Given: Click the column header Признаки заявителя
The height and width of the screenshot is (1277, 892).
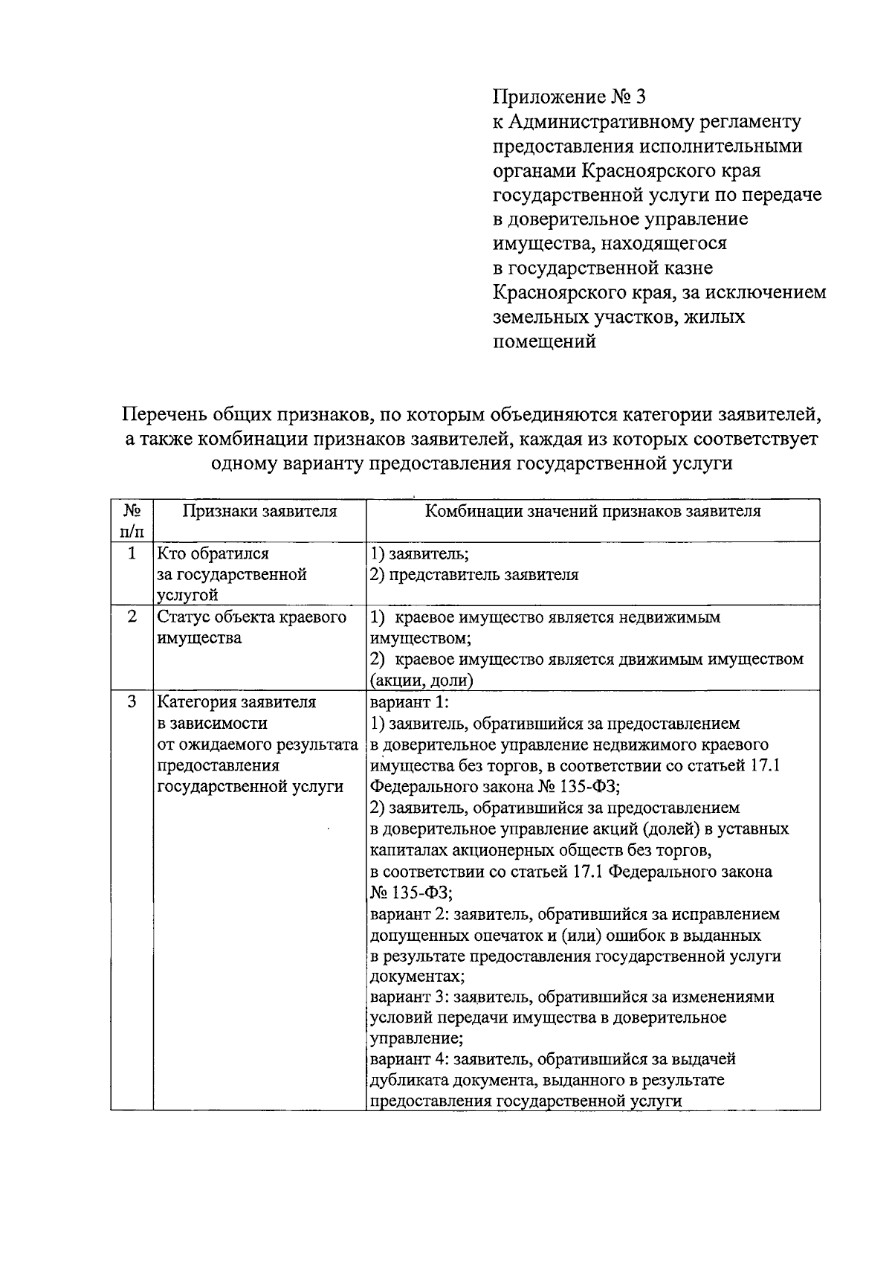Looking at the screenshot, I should pos(259,512).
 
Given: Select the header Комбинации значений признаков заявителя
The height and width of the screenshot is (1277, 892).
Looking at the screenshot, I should pos(592,512).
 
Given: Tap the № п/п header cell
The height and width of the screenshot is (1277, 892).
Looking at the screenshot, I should pos(132,521).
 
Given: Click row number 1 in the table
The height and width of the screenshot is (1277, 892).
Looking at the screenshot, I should pos(132,553).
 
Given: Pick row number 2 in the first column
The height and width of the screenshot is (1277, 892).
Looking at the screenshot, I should pos(132,617).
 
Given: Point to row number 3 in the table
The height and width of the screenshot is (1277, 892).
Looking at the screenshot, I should pos(132,702).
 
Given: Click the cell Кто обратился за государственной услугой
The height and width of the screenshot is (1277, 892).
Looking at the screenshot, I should pos(231,574).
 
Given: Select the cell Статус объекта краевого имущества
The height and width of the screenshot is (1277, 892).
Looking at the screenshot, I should pos(251,628).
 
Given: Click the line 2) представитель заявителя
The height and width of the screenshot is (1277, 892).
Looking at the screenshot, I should pos(474,574).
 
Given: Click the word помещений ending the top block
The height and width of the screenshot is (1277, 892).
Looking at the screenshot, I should pos(545,342).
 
